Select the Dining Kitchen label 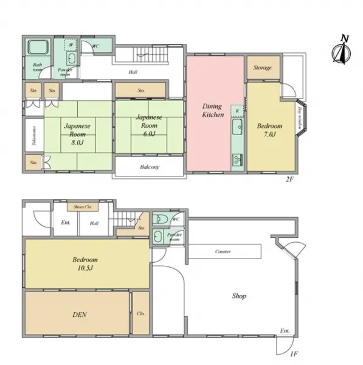point(213,110)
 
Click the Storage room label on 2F point(263,68)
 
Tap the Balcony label point(150,167)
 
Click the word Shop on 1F point(239,296)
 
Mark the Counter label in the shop point(223,251)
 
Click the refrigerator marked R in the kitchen point(237,111)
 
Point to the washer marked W point(72,44)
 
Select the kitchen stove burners point(237,160)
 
